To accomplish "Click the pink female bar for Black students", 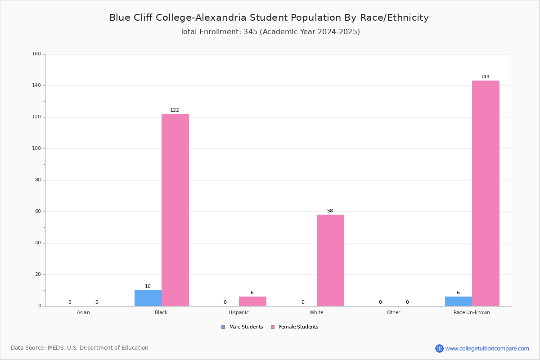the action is click(x=175, y=210).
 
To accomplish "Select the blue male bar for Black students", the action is click(x=148, y=298).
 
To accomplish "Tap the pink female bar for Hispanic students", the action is click(x=252, y=301).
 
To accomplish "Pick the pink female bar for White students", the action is click(x=330, y=261).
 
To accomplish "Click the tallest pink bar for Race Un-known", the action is click(x=486, y=193).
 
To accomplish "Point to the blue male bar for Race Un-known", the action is click(x=459, y=301).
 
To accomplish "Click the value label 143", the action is click(x=485, y=76).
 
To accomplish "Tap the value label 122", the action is click(x=175, y=110).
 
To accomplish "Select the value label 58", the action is click(x=330, y=211).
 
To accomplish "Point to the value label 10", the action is click(x=148, y=286).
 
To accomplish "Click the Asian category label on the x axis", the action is click(x=83, y=312).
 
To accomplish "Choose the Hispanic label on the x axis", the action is click(x=238, y=312).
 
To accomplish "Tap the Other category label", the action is click(x=394, y=312).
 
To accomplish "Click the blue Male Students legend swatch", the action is click(x=223, y=327).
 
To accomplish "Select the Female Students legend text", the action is click(x=299, y=327).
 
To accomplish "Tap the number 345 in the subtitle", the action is click(x=251, y=31).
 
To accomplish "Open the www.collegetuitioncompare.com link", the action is click(x=487, y=348).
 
